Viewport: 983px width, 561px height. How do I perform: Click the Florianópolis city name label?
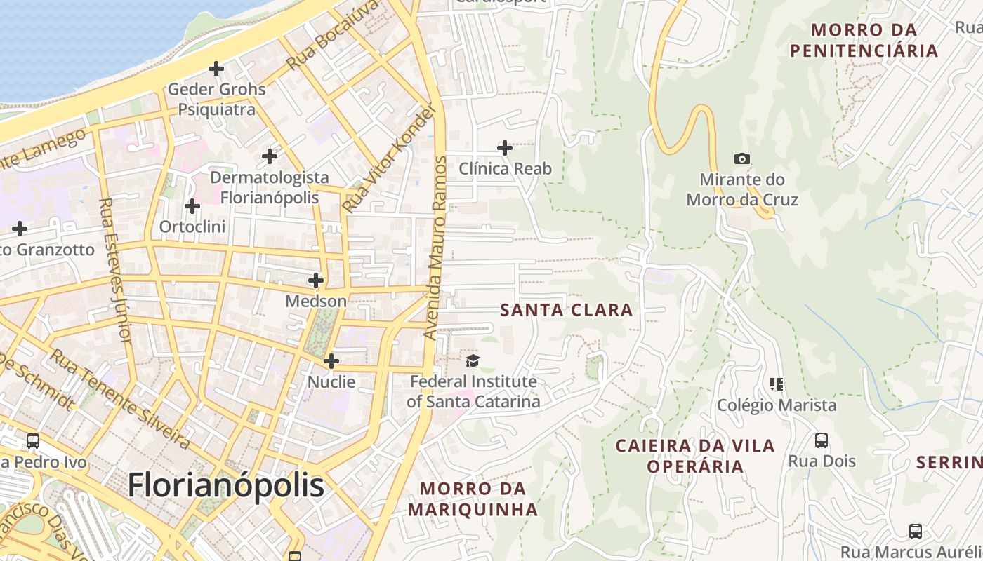click(x=226, y=485)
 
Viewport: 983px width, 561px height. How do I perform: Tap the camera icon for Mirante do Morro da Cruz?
click(x=742, y=159)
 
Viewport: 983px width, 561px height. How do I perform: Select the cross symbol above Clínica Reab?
click(x=505, y=148)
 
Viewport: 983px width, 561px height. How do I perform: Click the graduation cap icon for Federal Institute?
click(x=473, y=361)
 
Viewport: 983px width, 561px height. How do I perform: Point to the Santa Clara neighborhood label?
click(x=566, y=310)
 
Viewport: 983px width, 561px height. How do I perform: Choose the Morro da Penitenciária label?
click(x=864, y=40)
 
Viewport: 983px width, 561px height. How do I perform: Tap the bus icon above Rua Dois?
click(x=822, y=440)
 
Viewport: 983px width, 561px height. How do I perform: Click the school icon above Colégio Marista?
click(x=777, y=384)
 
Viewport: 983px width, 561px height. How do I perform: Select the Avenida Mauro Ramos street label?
click(x=435, y=248)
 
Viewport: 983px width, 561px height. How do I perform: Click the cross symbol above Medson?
click(x=316, y=280)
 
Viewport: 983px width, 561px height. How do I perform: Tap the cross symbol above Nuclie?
click(x=331, y=361)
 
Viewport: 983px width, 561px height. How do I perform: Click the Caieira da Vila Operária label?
click(x=695, y=456)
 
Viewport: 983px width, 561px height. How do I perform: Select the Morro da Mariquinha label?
click(x=473, y=499)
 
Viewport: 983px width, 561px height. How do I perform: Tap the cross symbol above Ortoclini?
click(x=192, y=206)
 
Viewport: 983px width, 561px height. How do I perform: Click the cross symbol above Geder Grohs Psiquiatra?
click(x=216, y=69)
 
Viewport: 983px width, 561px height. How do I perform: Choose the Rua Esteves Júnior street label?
click(x=116, y=270)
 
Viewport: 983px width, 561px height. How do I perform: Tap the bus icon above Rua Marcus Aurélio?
click(x=916, y=531)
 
